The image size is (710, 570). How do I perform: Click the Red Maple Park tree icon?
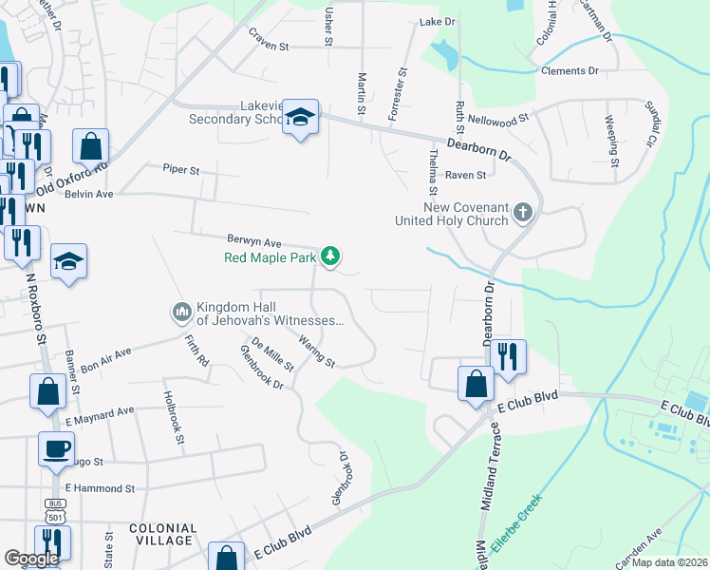[330, 256]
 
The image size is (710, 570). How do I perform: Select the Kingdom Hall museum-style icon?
[181, 312]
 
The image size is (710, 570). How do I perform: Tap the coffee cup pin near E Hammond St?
[55, 446]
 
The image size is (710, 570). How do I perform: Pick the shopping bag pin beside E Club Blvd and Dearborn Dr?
[476, 385]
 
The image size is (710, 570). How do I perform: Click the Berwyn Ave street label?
[254, 242]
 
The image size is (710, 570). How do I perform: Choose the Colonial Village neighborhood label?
[162, 534]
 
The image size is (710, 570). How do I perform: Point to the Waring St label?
[316, 351]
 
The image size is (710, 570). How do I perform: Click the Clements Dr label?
[570, 71]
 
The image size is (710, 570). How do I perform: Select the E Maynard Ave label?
[99, 414]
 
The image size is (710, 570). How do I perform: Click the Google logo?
[31, 559]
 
